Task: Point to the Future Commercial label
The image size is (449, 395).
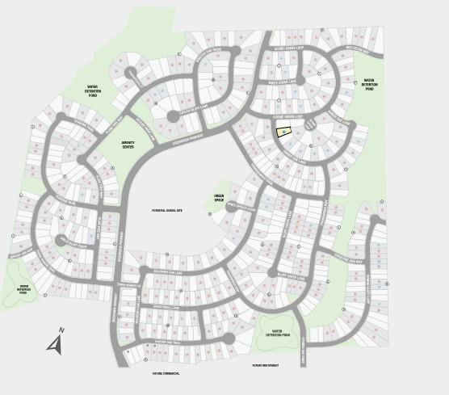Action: pos(166,373)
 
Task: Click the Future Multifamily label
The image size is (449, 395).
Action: pos(265,365)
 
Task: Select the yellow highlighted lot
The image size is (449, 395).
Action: pos(283,131)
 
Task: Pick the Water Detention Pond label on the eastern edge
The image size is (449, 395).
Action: pos(369,84)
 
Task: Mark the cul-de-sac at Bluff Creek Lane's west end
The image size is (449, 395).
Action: pos(272,272)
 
